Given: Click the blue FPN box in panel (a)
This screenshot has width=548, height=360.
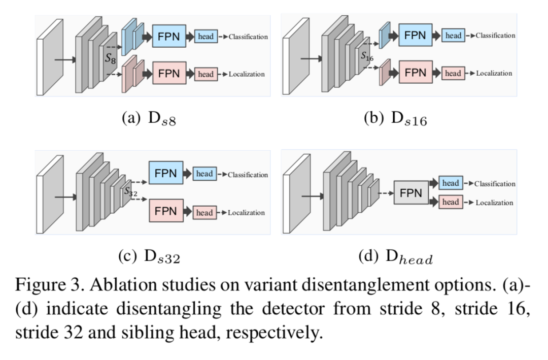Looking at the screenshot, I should tap(169, 37).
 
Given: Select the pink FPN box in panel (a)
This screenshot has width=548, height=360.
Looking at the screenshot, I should tap(169, 74).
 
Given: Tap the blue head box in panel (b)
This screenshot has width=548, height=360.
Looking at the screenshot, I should tap(453, 36).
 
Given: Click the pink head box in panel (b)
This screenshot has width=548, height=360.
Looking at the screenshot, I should tap(453, 73).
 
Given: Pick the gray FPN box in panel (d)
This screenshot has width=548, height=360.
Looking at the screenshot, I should tap(410, 193).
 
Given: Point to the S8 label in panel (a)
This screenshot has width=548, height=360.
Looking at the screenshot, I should tap(111, 59).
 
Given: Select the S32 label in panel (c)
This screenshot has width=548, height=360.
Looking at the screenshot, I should tap(130, 192).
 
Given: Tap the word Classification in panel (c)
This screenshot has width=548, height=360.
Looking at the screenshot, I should tap(248, 175).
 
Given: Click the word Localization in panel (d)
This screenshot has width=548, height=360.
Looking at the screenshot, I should tap(494, 203).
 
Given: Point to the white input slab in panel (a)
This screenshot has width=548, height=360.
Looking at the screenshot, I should tap(50, 57).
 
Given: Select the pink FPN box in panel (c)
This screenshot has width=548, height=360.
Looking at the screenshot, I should tap(166, 211).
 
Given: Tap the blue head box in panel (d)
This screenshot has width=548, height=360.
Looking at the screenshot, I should tap(451, 183).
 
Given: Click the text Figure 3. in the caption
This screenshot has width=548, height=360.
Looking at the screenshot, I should tap(49, 284).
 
